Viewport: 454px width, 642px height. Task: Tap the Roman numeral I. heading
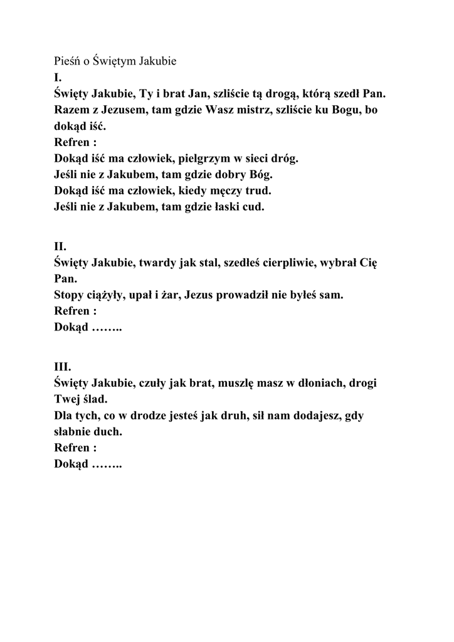pos(58,78)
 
